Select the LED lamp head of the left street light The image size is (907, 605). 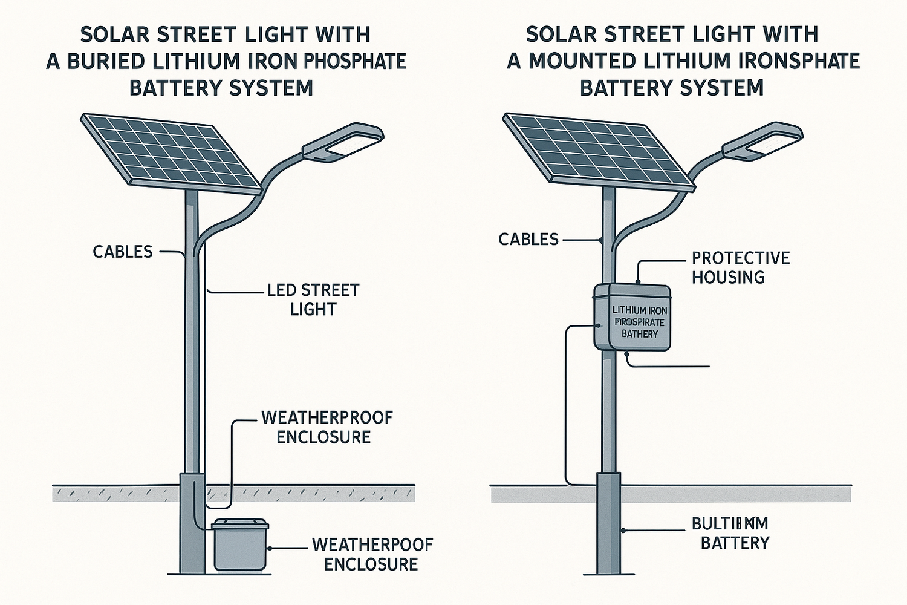click(x=343, y=142)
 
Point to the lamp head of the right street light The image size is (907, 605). click(x=763, y=142)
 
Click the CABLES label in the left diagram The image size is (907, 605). click(x=123, y=252)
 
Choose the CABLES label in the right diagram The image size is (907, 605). click(x=528, y=240)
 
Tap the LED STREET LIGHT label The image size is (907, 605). click(x=313, y=299)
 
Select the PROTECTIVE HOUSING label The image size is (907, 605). click(x=741, y=267)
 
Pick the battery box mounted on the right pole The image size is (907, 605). click(x=632, y=317)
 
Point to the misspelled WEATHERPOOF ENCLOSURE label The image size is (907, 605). click(x=372, y=554)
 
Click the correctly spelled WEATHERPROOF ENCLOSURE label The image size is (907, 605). click(x=327, y=427)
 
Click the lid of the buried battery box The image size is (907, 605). click(x=240, y=524)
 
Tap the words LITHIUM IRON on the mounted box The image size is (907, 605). click(x=639, y=310)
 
